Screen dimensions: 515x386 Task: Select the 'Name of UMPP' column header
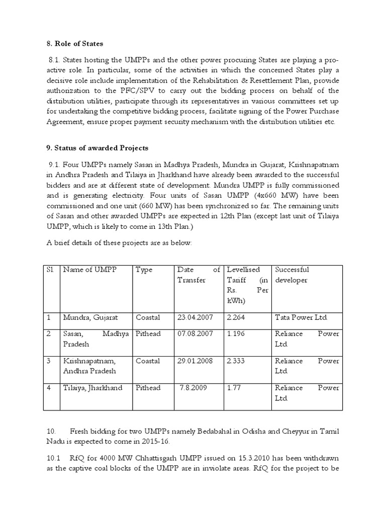tap(89, 270)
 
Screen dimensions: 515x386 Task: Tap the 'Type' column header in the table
tap(144, 270)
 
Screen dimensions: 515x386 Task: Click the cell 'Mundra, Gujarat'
tap(90, 318)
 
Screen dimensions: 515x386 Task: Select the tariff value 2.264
tap(237, 318)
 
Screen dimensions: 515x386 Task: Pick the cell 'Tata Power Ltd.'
tap(301, 318)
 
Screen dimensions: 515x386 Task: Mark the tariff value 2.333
tap(237, 361)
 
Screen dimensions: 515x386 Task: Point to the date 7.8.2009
tap(193, 388)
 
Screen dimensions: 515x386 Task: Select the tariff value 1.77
tap(235, 388)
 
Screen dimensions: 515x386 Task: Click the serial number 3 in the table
tap(49, 361)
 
